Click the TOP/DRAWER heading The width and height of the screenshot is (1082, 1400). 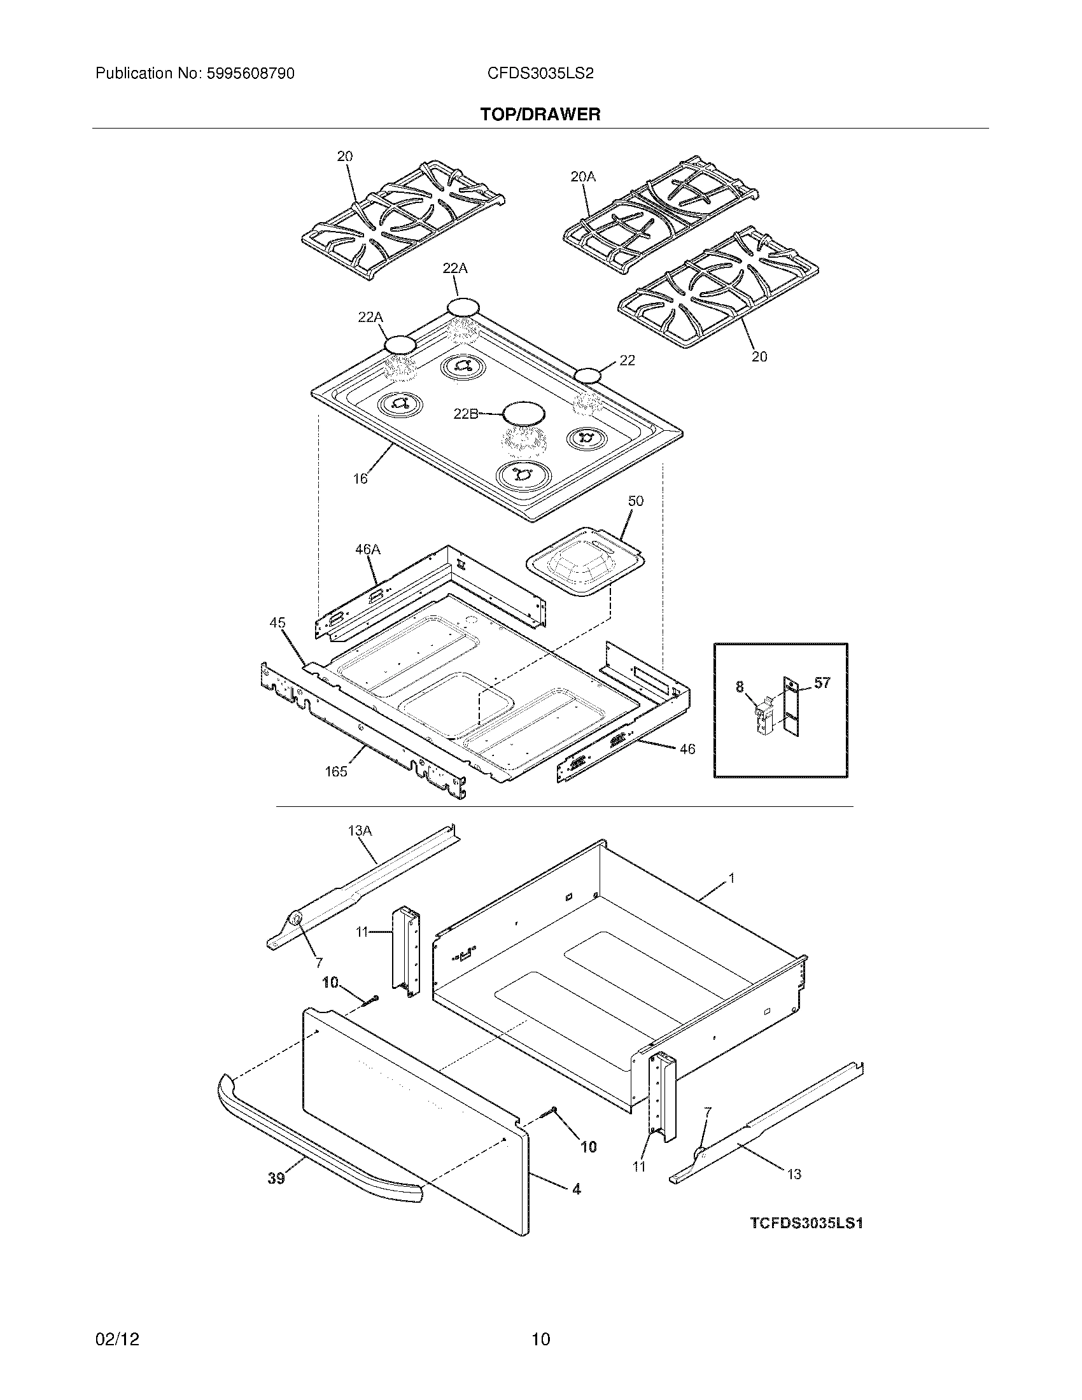(540, 115)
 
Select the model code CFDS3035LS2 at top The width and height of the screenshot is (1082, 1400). (540, 74)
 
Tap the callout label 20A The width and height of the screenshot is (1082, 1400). (582, 177)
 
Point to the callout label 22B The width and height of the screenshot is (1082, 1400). (466, 414)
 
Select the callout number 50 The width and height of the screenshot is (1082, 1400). (635, 501)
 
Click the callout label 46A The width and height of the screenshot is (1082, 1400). (367, 549)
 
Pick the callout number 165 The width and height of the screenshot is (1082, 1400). (336, 772)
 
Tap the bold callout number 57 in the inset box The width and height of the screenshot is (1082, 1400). (822, 683)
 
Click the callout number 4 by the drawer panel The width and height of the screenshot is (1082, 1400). (576, 1189)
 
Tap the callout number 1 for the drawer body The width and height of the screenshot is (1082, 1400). (731, 878)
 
